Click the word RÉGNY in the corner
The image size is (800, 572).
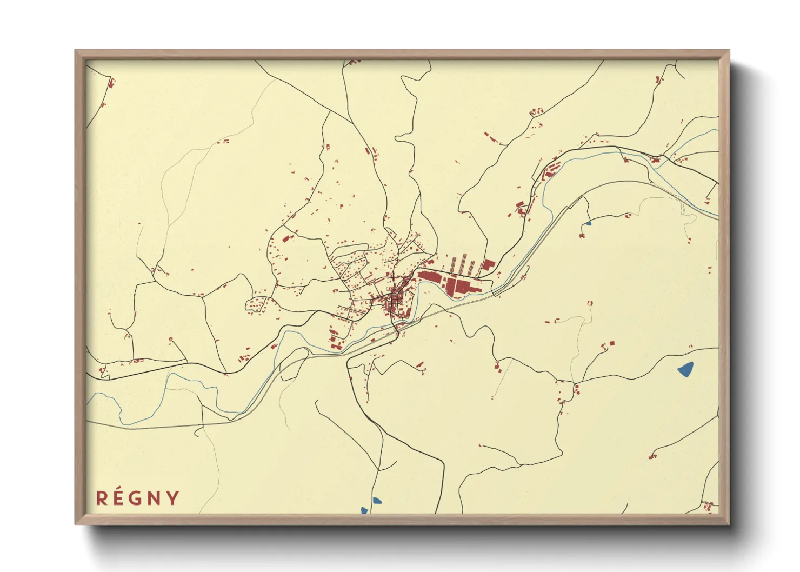138,498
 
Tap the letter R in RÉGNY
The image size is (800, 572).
101,498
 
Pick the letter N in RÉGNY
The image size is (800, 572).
155,498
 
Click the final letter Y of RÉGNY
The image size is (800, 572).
173,498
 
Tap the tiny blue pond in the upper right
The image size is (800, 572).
588,222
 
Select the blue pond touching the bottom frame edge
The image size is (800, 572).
365,510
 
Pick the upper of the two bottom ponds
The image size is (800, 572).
377,501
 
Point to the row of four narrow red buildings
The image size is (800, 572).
462,265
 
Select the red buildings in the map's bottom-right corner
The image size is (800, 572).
707,507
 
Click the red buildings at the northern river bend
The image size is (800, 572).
550,169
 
